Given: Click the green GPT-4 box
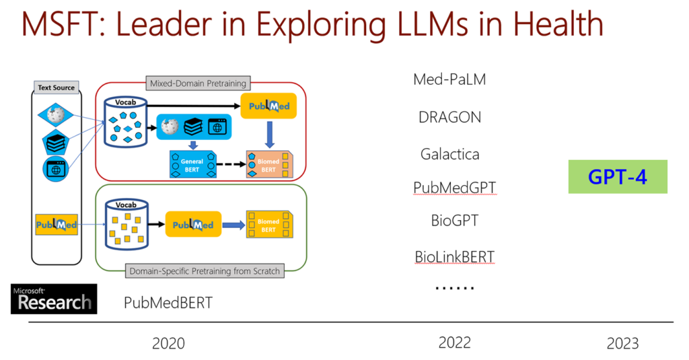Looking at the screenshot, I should tap(617, 176).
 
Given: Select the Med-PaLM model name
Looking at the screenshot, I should tap(449, 79).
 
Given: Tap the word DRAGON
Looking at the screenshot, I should tap(449, 117).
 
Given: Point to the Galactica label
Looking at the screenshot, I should tap(449, 154).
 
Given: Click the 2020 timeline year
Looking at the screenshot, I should tap(168, 343).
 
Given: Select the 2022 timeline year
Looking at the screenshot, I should tap(455, 343).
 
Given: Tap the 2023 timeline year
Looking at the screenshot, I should tap(622, 343).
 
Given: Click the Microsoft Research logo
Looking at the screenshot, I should tap(54, 299).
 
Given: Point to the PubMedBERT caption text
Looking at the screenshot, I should tap(168, 303).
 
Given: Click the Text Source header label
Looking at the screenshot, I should tap(57, 87).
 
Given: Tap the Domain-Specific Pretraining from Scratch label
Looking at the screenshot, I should tap(202, 271).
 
